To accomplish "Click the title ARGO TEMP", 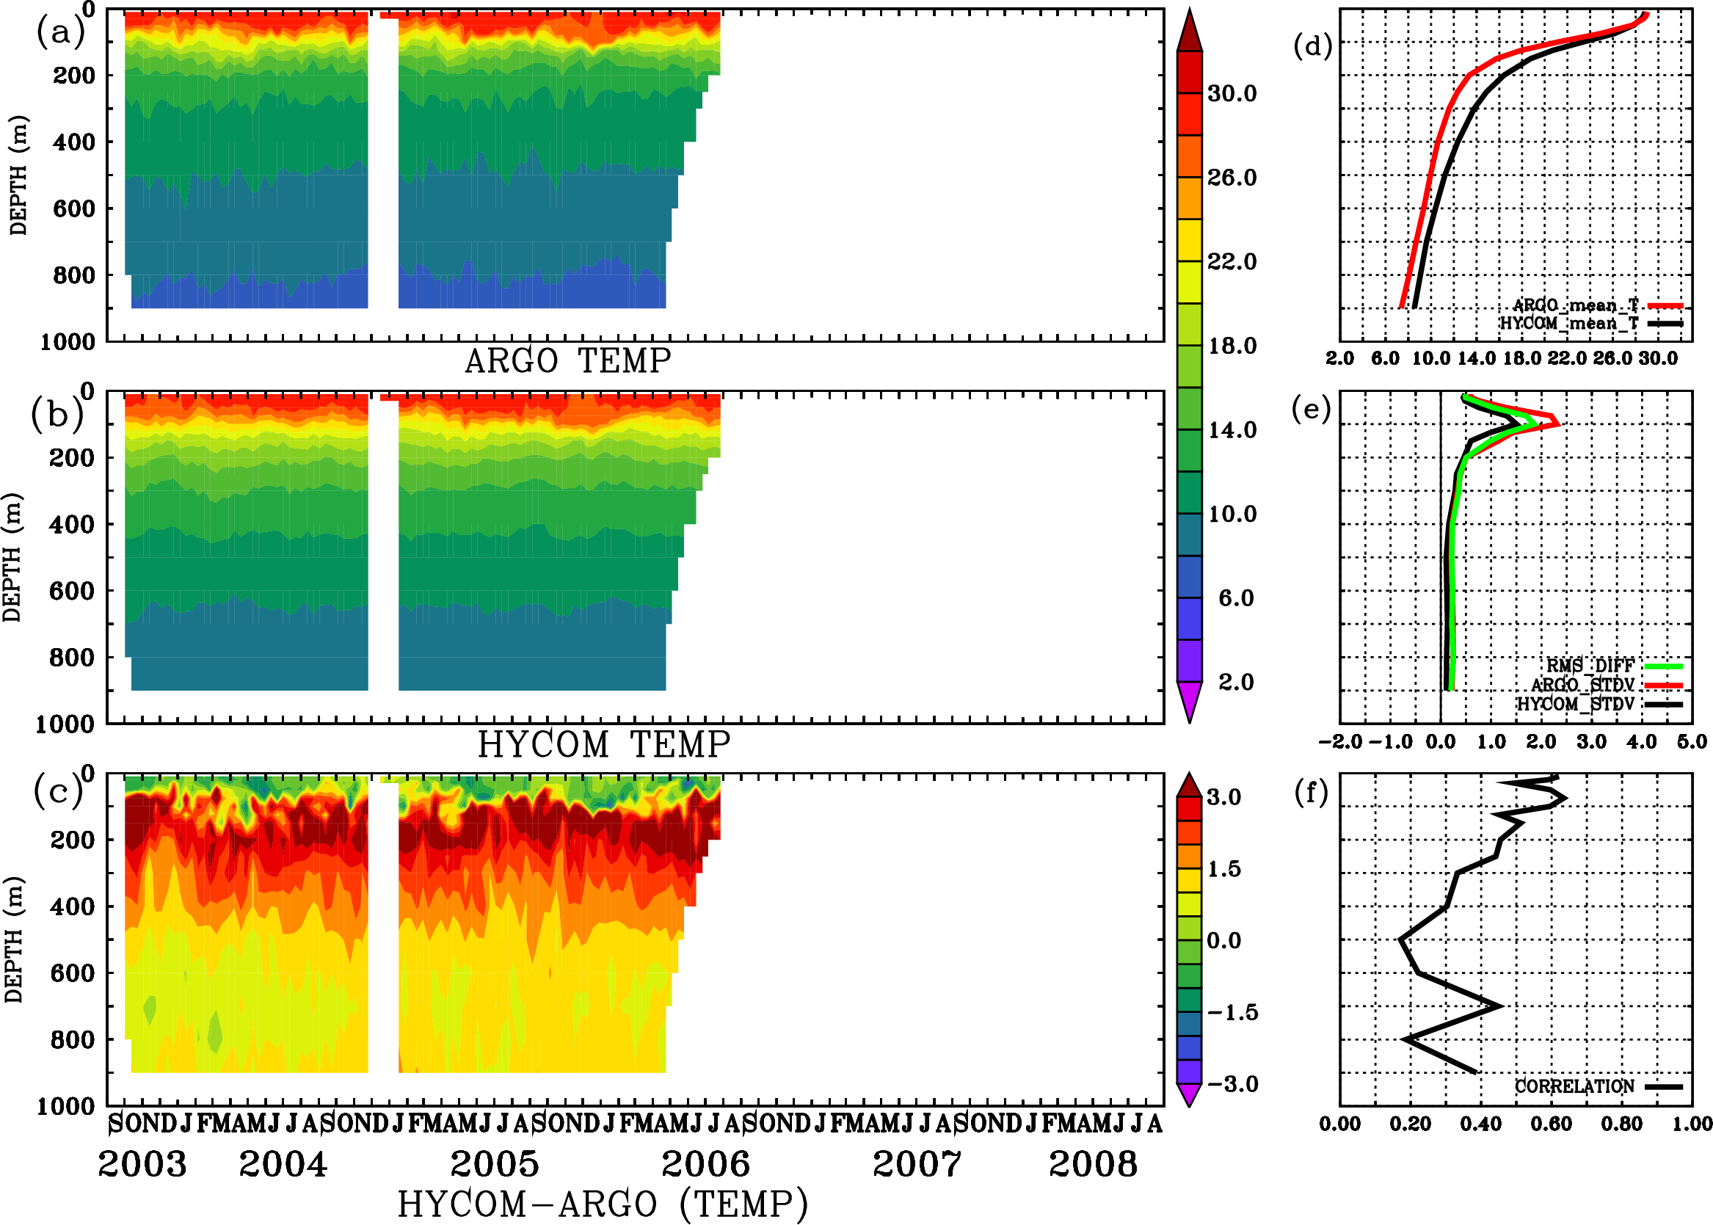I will click(x=567, y=361).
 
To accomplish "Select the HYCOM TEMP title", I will click(x=603, y=744).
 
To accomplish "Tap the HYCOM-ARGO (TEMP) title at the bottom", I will click(x=602, y=1203).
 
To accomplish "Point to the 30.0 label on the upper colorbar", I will click(x=1232, y=93).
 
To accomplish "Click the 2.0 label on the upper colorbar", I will click(x=1235, y=682).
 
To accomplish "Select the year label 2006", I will click(x=705, y=1164).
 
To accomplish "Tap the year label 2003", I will click(x=142, y=1164).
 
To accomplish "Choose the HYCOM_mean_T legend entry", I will click(x=1569, y=324).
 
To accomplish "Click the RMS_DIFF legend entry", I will click(x=1590, y=666).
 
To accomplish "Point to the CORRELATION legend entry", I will click(x=1575, y=1087).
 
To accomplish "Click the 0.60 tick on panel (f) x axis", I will click(x=1551, y=1124).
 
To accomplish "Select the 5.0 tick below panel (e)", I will click(x=1692, y=742).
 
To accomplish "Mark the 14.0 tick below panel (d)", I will click(x=1476, y=358).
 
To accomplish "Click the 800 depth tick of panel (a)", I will click(x=74, y=275).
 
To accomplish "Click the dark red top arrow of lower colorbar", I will click(x=1190, y=785).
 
